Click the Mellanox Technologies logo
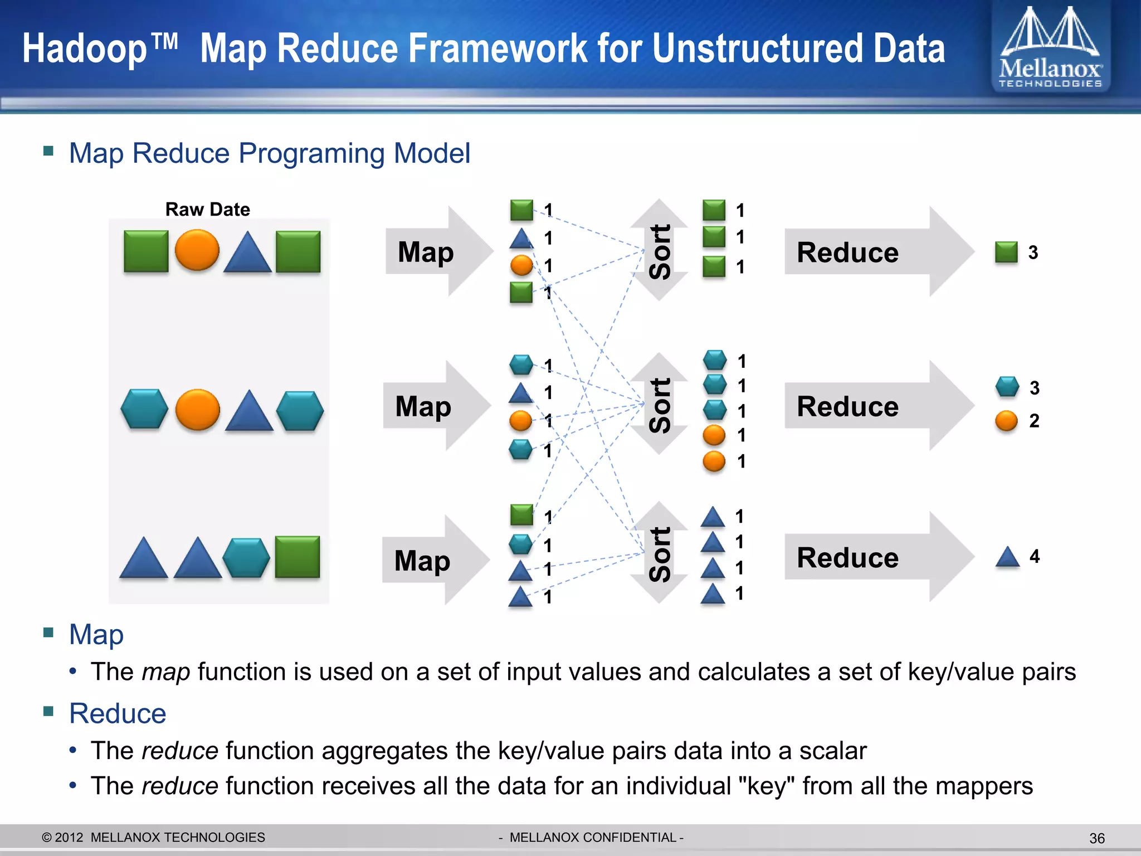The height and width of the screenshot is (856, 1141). click(x=1050, y=48)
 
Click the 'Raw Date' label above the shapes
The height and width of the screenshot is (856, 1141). click(x=207, y=210)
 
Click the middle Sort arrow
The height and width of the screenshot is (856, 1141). click(x=660, y=404)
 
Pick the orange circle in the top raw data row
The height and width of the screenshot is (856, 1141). click(x=197, y=250)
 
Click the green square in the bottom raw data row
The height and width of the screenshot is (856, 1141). click(x=298, y=557)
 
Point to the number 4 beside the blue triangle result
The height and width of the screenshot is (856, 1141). click(x=1035, y=556)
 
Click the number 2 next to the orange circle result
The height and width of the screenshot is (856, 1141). click(x=1034, y=421)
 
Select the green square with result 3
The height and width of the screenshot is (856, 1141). click(x=1006, y=252)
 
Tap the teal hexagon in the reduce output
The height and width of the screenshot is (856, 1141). click(x=1007, y=386)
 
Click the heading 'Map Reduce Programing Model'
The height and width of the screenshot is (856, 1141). click(x=269, y=153)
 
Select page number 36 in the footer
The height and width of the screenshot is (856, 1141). click(x=1096, y=838)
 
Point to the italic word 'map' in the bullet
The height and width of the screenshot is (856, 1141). click(x=165, y=672)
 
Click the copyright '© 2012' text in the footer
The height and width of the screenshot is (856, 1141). click(x=62, y=838)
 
